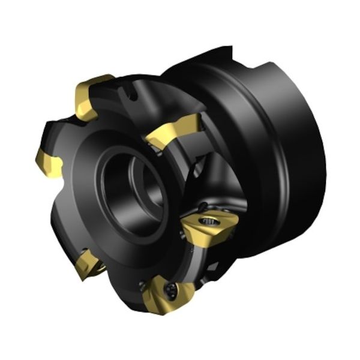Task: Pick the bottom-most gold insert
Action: (169, 295)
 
